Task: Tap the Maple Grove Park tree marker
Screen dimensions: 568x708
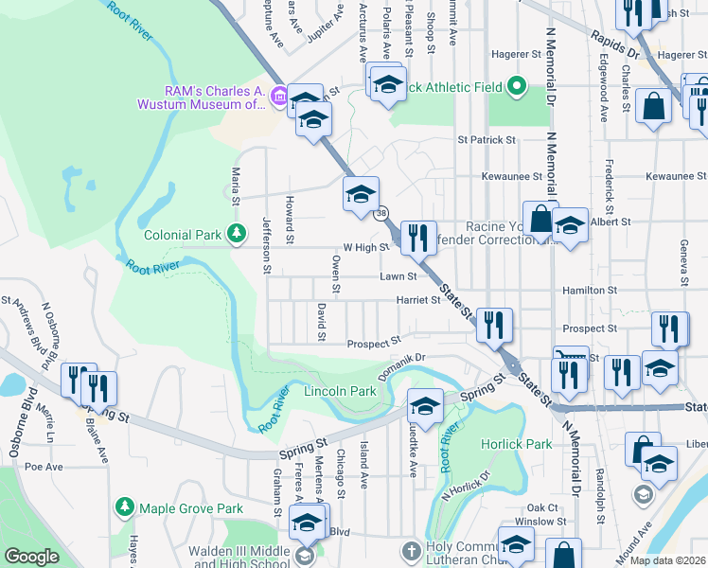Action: coord(124,508)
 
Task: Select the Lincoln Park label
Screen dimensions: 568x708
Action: coord(340,391)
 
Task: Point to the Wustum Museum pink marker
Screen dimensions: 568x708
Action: coord(278,96)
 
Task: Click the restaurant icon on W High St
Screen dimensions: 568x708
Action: coord(416,237)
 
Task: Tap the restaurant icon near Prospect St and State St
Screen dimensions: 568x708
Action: coord(494,325)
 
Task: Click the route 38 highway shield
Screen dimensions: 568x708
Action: coord(381,214)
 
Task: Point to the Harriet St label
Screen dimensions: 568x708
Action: coord(422,300)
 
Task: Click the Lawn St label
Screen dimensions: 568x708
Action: coord(398,277)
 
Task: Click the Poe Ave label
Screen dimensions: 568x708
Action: coord(44,467)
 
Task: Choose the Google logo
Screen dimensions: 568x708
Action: coord(32,557)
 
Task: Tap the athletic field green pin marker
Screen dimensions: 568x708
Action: coord(516,87)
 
